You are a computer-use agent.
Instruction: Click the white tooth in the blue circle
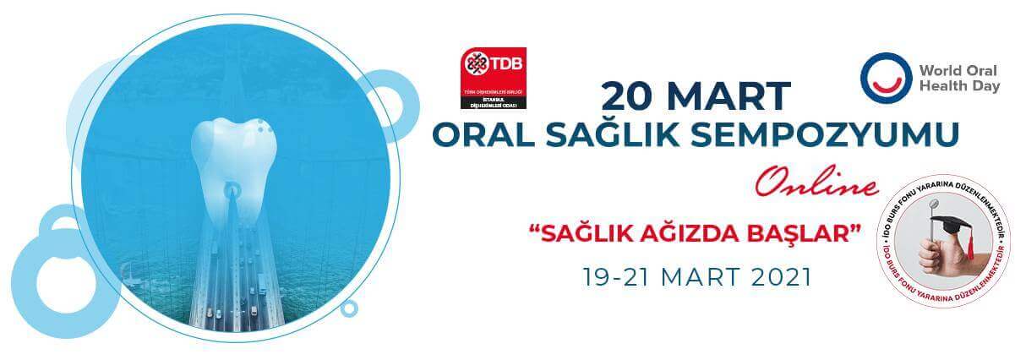230,152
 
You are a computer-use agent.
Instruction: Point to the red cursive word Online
816,183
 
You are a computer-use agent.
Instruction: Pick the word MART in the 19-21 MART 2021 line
691,277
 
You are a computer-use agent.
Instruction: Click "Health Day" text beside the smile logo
959,86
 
